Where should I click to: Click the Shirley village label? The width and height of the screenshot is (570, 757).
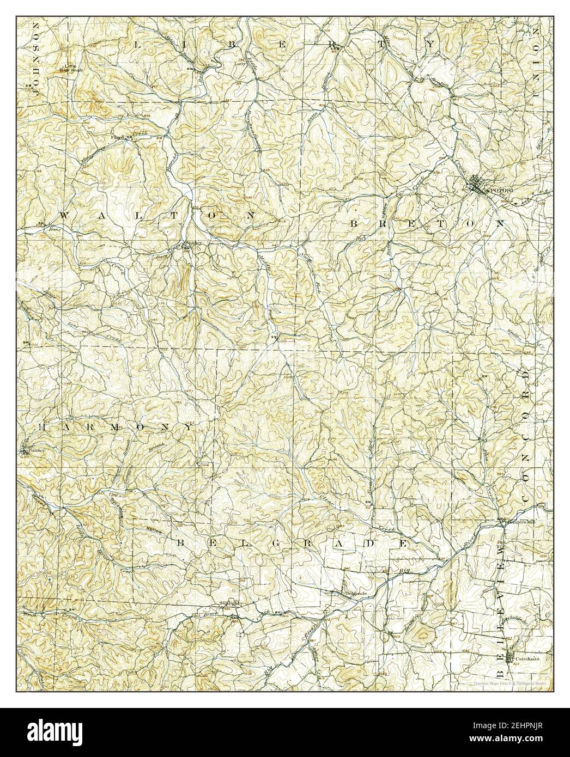194,243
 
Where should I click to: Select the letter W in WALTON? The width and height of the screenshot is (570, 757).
65,216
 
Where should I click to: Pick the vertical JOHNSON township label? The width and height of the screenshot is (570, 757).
37,60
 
